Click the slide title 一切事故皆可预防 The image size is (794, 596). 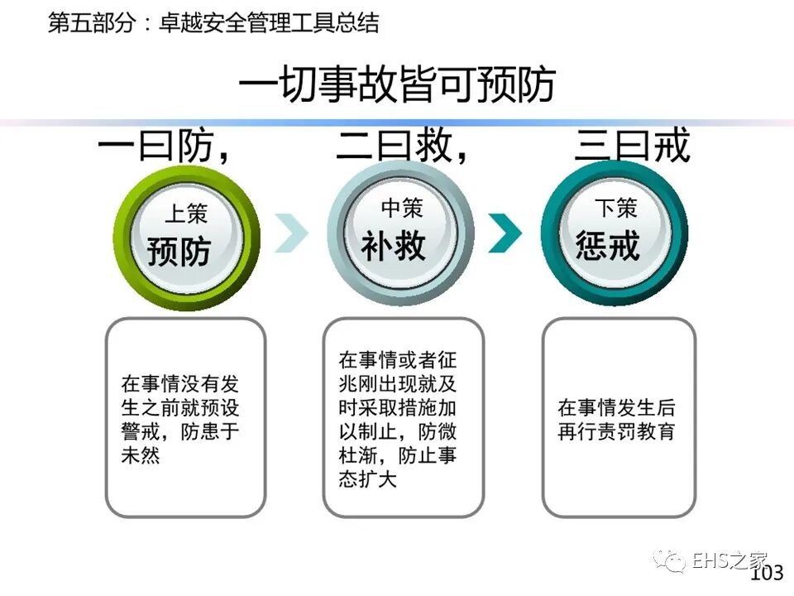pos(397,84)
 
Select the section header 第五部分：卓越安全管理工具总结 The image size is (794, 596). pos(213,22)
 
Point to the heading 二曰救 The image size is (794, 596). pos(395,147)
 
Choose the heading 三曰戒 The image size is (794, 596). pos(632,147)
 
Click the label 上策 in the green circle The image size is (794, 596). pos(186,213)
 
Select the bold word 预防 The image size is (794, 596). pos(179,251)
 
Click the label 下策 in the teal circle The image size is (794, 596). pos(616,207)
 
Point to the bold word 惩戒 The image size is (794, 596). pos(608,245)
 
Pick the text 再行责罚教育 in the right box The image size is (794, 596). pos(616,432)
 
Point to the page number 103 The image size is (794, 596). pos(766,573)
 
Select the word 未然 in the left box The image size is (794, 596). pos(140,455)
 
